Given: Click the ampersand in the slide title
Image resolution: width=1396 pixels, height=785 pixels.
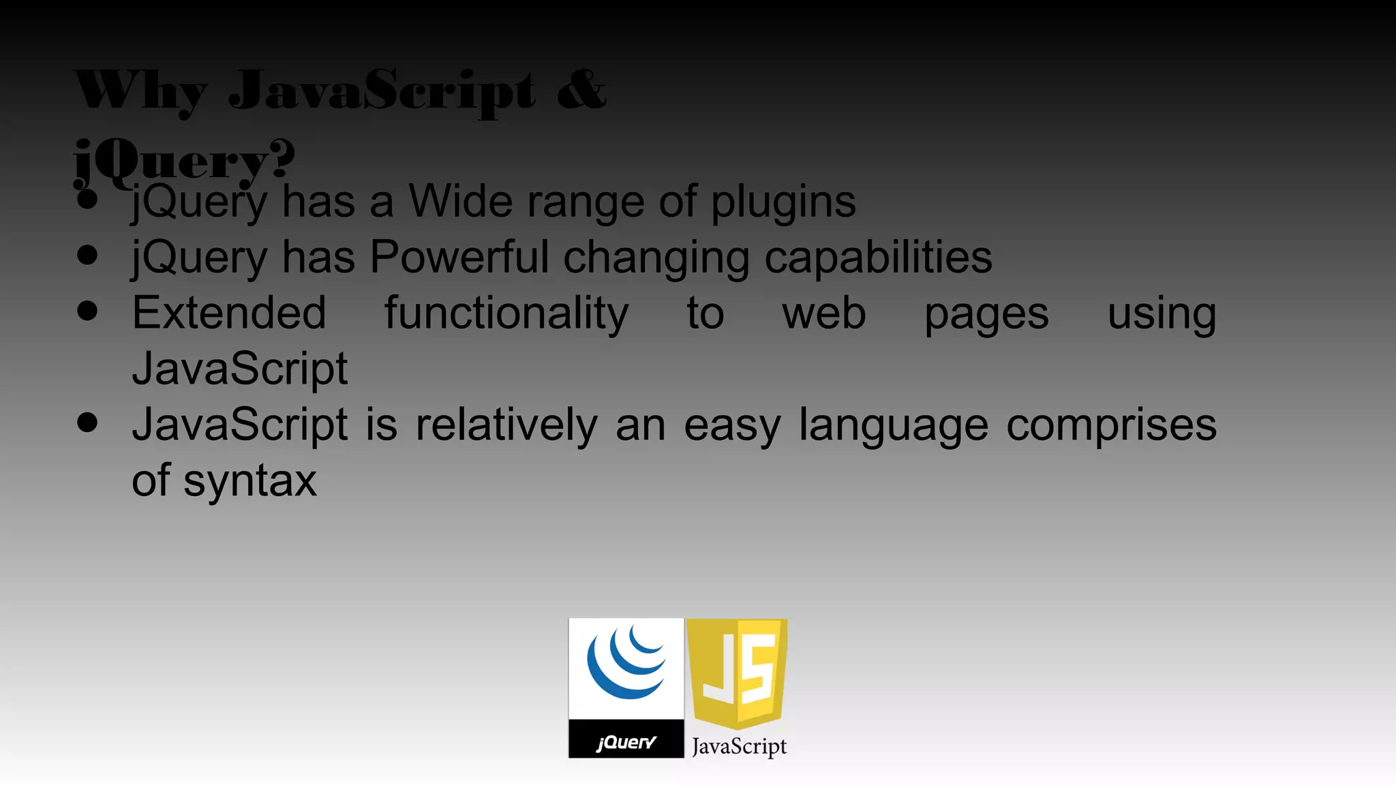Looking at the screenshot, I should (x=581, y=90).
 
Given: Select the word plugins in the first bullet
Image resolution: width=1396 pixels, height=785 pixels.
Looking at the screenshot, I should (x=783, y=203).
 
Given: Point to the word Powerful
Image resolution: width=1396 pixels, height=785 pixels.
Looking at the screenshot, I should (x=459, y=258).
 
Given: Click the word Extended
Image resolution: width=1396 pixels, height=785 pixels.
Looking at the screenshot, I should (x=229, y=313).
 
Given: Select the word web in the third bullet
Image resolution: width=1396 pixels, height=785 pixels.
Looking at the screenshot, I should (x=823, y=313).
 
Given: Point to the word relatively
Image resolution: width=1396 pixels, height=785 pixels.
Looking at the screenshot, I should (x=506, y=425).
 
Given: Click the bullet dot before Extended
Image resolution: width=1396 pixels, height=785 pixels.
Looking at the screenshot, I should (x=87, y=311).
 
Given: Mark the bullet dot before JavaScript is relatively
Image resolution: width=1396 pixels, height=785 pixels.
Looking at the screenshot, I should (x=87, y=422).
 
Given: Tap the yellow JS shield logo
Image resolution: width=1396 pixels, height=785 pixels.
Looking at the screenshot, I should (x=737, y=672).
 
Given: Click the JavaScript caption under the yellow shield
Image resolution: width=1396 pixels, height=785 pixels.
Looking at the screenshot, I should (x=739, y=747).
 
